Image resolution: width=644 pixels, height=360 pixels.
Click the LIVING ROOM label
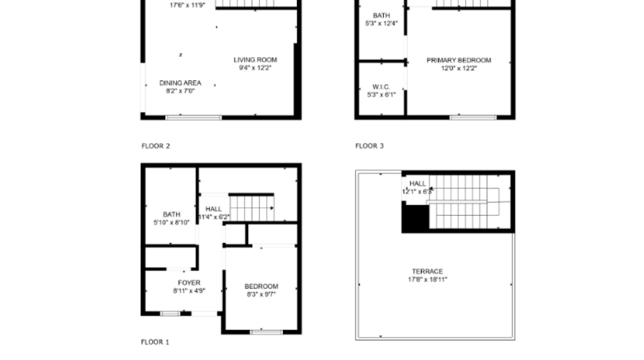coord(255,59)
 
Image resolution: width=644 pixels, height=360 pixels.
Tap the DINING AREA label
coord(180,82)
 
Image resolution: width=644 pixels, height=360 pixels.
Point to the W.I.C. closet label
coord(381,86)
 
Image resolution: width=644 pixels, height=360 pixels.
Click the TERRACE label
coord(427,271)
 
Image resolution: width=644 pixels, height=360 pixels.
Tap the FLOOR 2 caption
coord(156,146)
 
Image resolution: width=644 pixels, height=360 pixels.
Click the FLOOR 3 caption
coord(369,146)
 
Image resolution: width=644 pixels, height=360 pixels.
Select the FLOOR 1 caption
coord(155,341)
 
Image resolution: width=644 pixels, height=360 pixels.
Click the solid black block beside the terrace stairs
coord(414,218)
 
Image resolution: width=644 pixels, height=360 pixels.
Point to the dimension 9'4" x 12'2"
coord(255,68)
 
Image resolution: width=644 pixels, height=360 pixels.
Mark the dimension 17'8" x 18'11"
coord(428,279)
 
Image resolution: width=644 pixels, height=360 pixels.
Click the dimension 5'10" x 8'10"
coord(170,222)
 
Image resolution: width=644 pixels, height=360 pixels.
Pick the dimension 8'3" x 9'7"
coord(261,294)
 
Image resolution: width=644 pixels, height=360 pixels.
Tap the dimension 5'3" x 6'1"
coord(381,95)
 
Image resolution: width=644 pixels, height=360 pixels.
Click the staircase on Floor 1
coord(253,207)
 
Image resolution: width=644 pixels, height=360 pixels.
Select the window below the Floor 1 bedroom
coord(267,331)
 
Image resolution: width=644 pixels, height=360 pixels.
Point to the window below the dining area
coord(194,117)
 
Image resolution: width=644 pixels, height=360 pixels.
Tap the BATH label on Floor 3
coord(381,15)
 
